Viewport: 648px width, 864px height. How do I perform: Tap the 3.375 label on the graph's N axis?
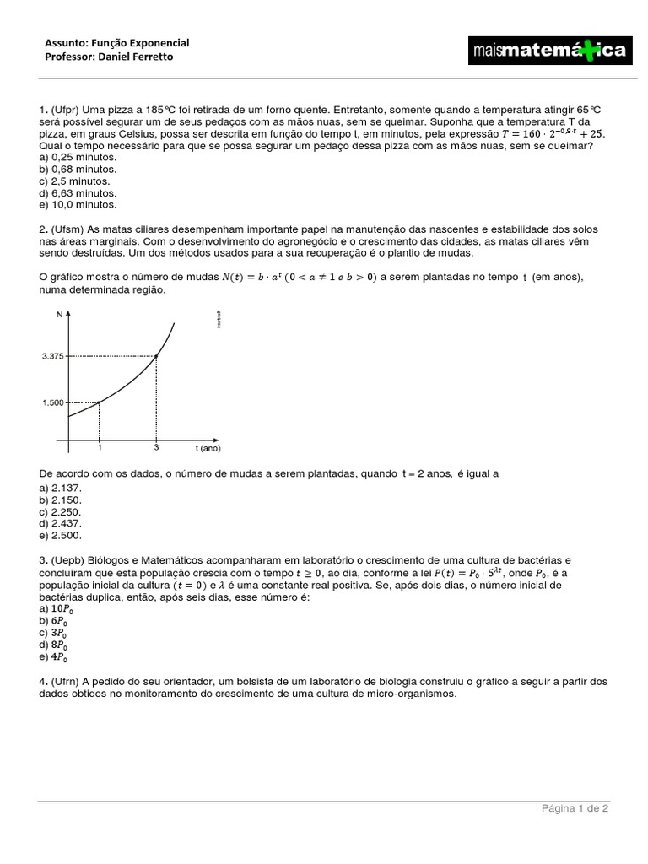click(52, 357)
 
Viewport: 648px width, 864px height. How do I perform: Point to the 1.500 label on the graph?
click(52, 402)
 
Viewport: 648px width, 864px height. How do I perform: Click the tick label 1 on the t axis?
click(100, 447)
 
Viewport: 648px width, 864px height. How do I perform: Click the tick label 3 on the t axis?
click(157, 447)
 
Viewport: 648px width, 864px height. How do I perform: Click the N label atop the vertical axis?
click(60, 315)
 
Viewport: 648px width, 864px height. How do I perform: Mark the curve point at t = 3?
click(157, 356)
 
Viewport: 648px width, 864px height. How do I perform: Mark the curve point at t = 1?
click(100, 402)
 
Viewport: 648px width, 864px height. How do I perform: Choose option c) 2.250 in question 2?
click(60, 511)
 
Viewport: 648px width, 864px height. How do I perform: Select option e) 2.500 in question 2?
click(60, 535)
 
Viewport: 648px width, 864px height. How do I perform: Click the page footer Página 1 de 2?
click(575, 808)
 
